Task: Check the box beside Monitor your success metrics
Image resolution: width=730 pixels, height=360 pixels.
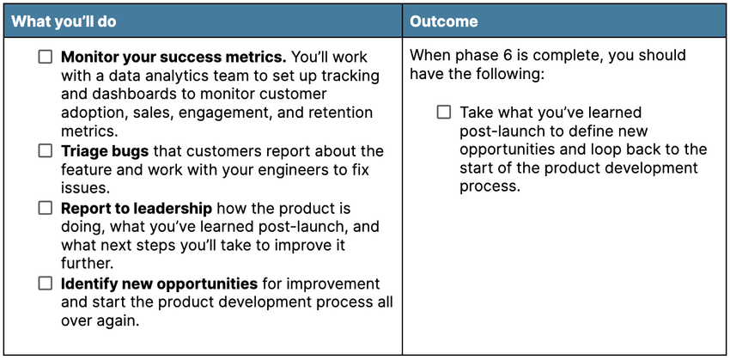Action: pos(46,58)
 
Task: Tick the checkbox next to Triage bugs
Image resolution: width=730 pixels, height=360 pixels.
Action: pos(46,151)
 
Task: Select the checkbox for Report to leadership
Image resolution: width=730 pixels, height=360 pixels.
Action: pos(46,208)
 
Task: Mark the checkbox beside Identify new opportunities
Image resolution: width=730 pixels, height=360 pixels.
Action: pos(46,284)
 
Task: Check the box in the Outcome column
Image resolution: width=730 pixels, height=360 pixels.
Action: pos(444,113)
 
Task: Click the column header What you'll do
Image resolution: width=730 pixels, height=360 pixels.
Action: pos(64,21)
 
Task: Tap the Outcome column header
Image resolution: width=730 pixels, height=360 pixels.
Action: pos(444,21)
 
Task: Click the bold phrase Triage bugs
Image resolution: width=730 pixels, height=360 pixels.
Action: pos(105,151)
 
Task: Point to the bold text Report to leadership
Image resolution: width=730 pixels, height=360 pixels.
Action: pos(137,209)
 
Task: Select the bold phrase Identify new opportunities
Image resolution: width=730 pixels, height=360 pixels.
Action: pos(159,284)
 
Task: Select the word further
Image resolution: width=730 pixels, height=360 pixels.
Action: pos(87,264)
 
